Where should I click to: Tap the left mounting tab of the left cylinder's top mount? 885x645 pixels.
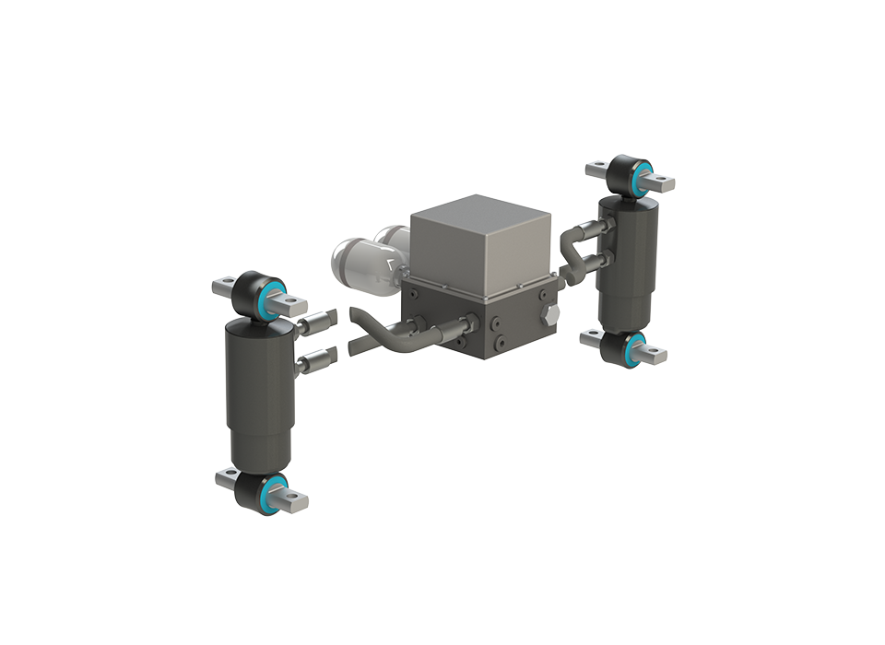[227, 287]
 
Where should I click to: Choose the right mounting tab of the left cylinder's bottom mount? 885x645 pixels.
[295, 502]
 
